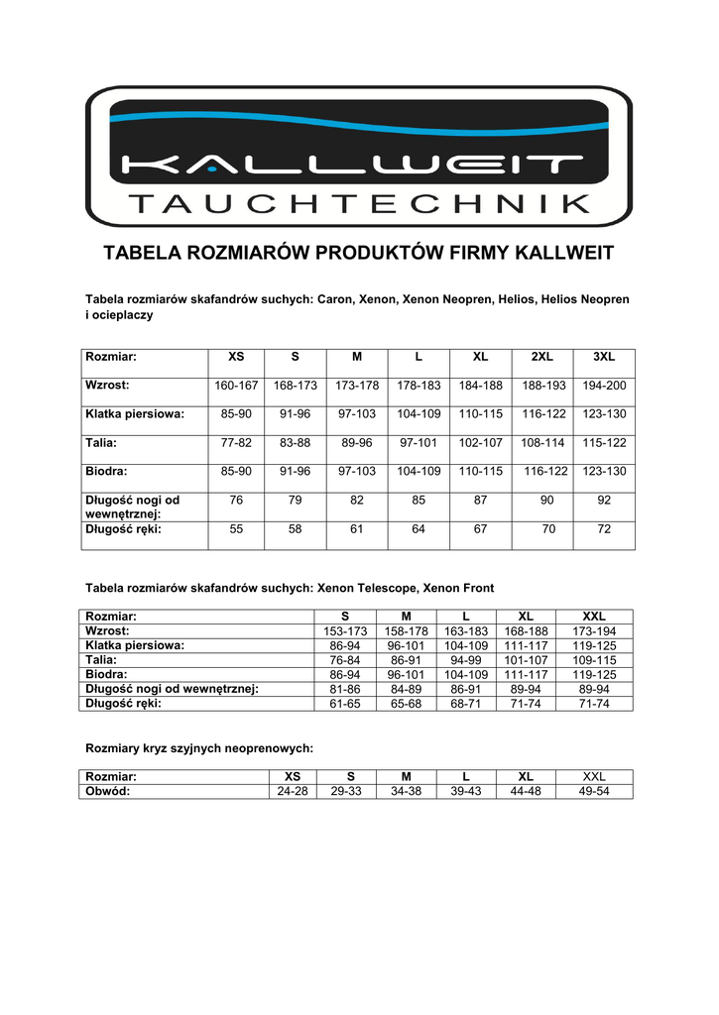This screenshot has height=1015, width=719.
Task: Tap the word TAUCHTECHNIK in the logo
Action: [x=359, y=205]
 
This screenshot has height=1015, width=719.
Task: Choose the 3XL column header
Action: [x=604, y=356]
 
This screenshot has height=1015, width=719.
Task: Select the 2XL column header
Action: [x=541, y=356]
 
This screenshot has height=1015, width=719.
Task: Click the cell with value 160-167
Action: [x=236, y=385]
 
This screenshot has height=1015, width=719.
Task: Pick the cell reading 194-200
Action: [x=604, y=385]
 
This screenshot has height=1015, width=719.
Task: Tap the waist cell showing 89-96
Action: [x=357, y=443]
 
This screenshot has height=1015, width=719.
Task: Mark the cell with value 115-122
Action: [x=604, y=443]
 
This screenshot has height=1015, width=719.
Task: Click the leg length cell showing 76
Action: [x=236, y=501]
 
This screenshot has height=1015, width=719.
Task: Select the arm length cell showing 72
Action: [x=604, y=529]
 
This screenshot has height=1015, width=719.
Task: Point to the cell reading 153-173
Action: [x=346, y=631]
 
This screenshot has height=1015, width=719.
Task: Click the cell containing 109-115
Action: [x=594, y=660]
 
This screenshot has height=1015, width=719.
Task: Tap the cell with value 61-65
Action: [x=346, y=704]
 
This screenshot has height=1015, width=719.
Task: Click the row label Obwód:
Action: [x=108, y=791]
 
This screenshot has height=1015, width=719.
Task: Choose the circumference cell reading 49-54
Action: [x=594, y=791]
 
